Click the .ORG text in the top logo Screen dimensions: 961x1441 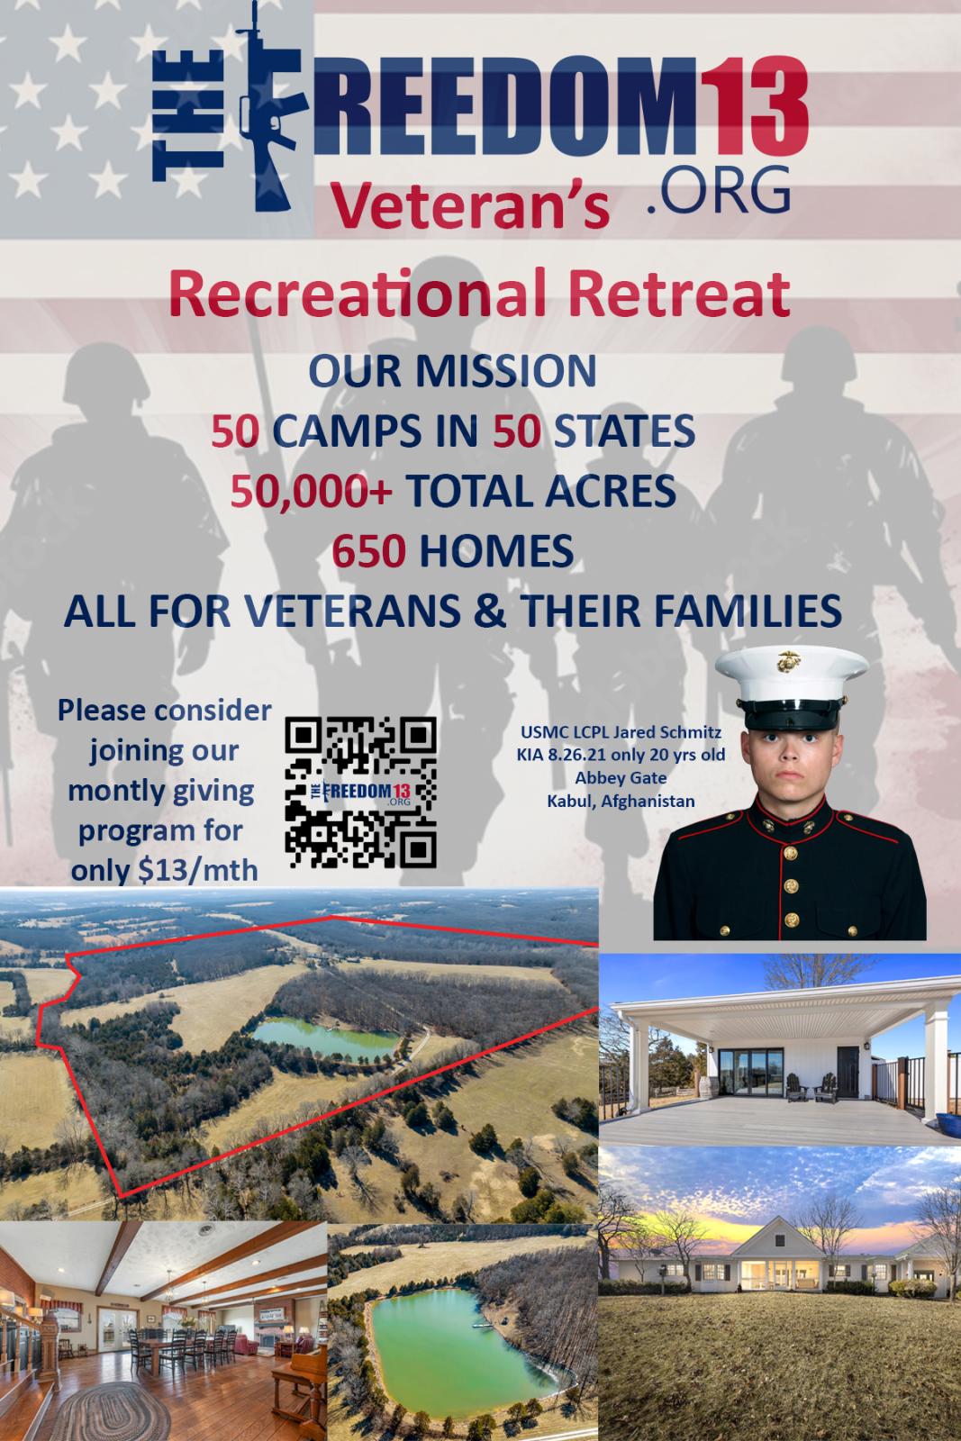[x=719, y=190]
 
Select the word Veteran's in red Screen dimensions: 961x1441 [x=469, y=205]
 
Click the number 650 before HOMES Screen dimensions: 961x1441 [x=368, y=551]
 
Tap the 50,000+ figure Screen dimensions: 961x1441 [x=312, y=492]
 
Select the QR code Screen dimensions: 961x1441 [x=361, y=793]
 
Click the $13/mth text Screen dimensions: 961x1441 [x=198, y=870]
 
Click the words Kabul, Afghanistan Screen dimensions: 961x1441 [x=621, y=801]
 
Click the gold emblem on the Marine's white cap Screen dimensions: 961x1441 [x=789, y=662]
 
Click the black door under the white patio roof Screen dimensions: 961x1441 [x=848, y=1072]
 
